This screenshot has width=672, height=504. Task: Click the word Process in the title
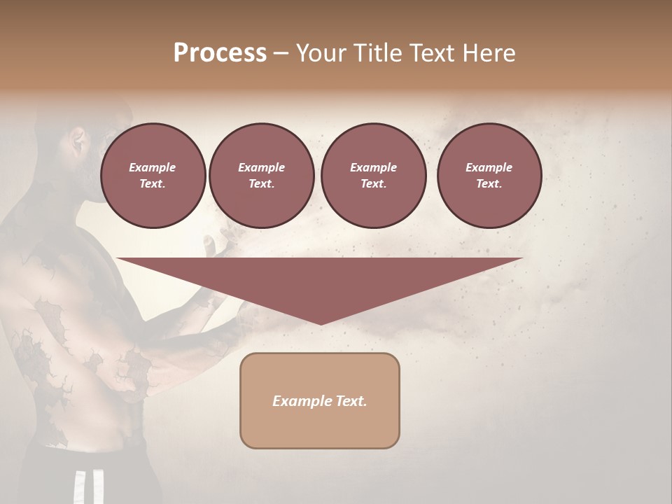click(x=220, y=53)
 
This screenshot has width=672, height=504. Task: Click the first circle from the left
click(x=153, y=176)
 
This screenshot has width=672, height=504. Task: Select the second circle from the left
click(x=261, y=176)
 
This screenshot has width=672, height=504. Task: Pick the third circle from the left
click(x=373, y=176)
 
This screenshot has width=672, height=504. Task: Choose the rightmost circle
click(x=489, y=176)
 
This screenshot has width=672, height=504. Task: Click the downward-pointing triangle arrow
click(x=320, y=283)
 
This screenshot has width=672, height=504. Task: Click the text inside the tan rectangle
click(x=320, y=401)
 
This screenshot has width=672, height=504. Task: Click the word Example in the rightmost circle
click(x=489, y=167)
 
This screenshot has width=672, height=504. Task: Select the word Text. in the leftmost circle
click(x=153, y=184)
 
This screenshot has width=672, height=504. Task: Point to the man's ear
click(x=78, y=142)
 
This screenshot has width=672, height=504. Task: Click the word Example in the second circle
click(x=261, y=167)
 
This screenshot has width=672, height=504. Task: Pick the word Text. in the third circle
click(x=373, y=184)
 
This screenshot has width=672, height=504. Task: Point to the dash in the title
click(x=281, y=54)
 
